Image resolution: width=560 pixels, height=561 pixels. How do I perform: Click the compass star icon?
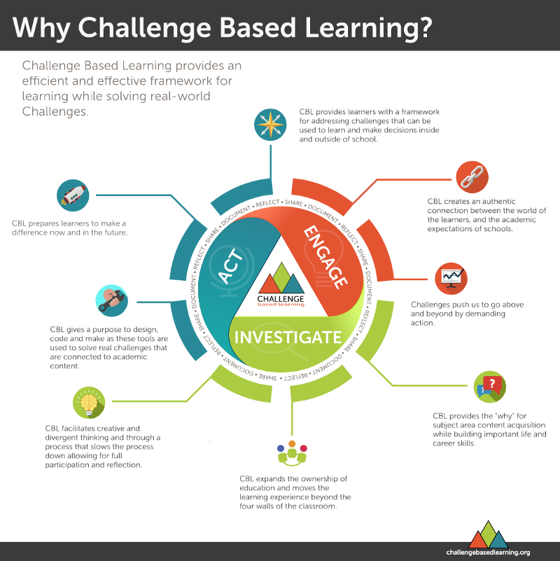[270, 125]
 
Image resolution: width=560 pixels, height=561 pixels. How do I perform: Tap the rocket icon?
[73, 195]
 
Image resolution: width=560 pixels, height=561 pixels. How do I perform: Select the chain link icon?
[472, 177]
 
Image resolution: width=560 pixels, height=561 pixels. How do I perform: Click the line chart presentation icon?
[451, 278]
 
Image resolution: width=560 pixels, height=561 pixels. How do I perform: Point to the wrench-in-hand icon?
[111, 300]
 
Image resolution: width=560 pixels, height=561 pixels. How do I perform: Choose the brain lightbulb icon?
[89, 403]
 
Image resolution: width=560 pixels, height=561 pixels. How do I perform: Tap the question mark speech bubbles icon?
[489, 387]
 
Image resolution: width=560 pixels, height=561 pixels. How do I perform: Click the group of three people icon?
[292, 453]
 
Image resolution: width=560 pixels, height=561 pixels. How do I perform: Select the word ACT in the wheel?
[230, 266]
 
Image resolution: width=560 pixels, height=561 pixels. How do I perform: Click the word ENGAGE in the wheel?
[325, 256]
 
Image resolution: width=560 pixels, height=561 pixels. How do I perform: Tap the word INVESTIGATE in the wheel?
[288, 338]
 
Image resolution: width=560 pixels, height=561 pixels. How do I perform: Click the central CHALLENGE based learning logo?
[281, 285]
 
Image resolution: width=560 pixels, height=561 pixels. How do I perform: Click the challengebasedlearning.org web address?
[488, 553]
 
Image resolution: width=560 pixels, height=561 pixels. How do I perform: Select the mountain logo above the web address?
[489, 534]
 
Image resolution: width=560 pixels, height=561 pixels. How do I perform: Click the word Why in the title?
[41, 28]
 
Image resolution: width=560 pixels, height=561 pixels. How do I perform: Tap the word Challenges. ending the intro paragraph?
[55, 111]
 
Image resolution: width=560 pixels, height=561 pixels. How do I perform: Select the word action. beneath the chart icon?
[423, 323]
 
